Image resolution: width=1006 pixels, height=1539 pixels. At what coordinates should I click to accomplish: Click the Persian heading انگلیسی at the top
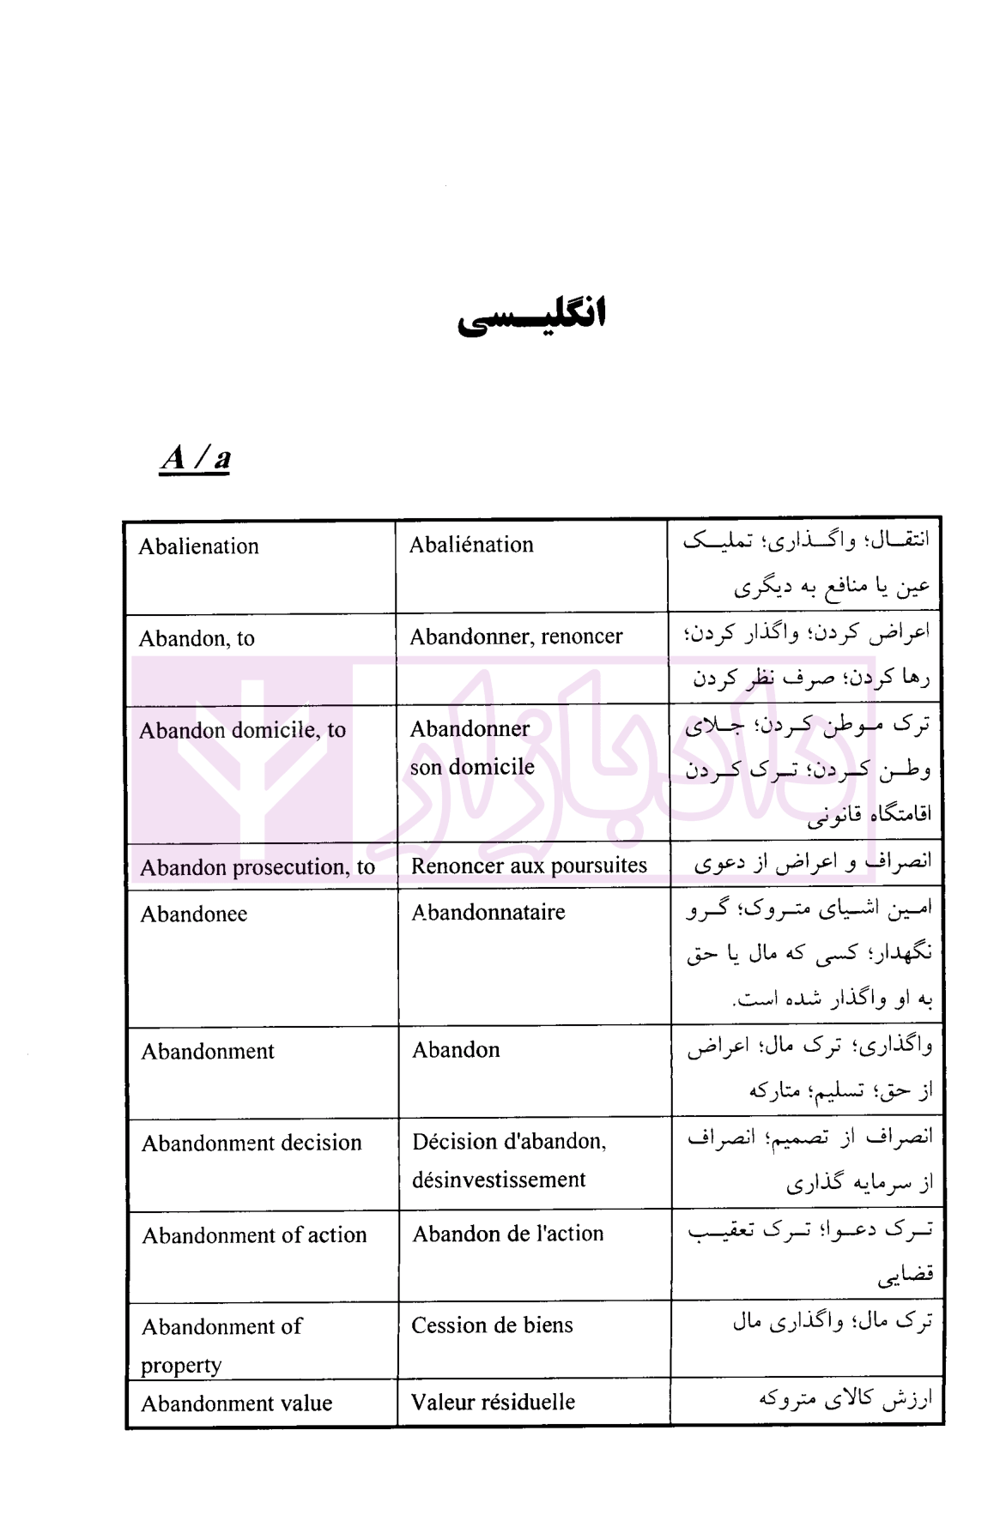click(x=531, y=316)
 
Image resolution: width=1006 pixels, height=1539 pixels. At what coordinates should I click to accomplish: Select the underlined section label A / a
click(x=195, y=458)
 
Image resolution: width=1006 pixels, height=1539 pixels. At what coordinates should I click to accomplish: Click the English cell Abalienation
click(x=198, y=546)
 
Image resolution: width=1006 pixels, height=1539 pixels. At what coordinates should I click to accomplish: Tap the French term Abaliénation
click(x=471, y=545)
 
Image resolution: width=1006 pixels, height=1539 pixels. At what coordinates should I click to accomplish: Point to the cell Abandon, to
click(x=197, y=638)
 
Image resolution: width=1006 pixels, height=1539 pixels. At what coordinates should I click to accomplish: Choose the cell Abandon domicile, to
click(x=242, y=730)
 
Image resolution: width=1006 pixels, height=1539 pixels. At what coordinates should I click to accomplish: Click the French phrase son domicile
click(x=471, y=767)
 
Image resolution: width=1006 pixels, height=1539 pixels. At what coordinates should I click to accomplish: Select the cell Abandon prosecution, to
click(x=257, y=867)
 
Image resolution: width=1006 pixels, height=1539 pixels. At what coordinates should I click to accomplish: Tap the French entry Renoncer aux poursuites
click(x=529, y=866)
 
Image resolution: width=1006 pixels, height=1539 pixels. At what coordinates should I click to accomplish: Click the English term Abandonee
click(x=194, y=914)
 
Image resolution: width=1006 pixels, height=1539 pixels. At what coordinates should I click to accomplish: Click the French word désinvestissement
click(x=498, y=1180)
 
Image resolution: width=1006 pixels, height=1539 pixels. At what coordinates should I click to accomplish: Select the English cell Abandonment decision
click(x=251, y=1143)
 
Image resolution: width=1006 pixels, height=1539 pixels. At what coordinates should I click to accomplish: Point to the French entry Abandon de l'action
click(x=507, y=1234)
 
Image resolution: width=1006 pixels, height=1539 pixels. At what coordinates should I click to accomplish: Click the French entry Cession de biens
click(x=492, y=1325)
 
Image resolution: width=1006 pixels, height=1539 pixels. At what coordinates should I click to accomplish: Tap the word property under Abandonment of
click(x=181, y=1365)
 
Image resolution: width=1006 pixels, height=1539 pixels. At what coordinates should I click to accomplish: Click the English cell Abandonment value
click(x=236, y=1403)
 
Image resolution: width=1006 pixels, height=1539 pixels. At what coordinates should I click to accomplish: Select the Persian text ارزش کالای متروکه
click(x=844, y=1399)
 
